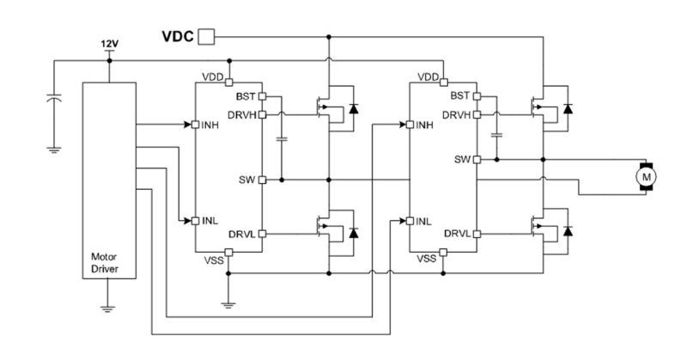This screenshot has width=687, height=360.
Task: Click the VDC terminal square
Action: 206,37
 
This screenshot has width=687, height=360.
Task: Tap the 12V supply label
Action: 110,44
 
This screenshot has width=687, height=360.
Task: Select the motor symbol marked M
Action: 646,177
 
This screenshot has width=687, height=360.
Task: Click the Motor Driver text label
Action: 104,263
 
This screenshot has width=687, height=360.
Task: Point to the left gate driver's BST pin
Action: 263,96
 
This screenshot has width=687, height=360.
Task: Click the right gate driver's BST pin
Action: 477,96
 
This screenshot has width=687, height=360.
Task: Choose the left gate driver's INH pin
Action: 196,125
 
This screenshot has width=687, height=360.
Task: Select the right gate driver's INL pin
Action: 410,221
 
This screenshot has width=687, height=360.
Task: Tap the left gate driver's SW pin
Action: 263,180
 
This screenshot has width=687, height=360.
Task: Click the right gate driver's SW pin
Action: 477,160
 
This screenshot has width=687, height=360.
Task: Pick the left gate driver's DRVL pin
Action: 263,234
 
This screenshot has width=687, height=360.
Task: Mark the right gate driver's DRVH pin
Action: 477,115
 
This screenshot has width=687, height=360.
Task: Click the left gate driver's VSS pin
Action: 228,252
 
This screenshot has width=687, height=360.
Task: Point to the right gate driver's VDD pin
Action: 443,82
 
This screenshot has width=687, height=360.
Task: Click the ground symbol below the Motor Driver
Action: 107,308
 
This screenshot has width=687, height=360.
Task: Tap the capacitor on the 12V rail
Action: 54,98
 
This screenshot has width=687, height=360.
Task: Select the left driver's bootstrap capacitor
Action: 282,139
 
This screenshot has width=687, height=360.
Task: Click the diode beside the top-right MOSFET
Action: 568,108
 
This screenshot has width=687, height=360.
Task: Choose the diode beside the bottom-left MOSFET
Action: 353,233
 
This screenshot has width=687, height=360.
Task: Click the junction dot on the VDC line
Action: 329,37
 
